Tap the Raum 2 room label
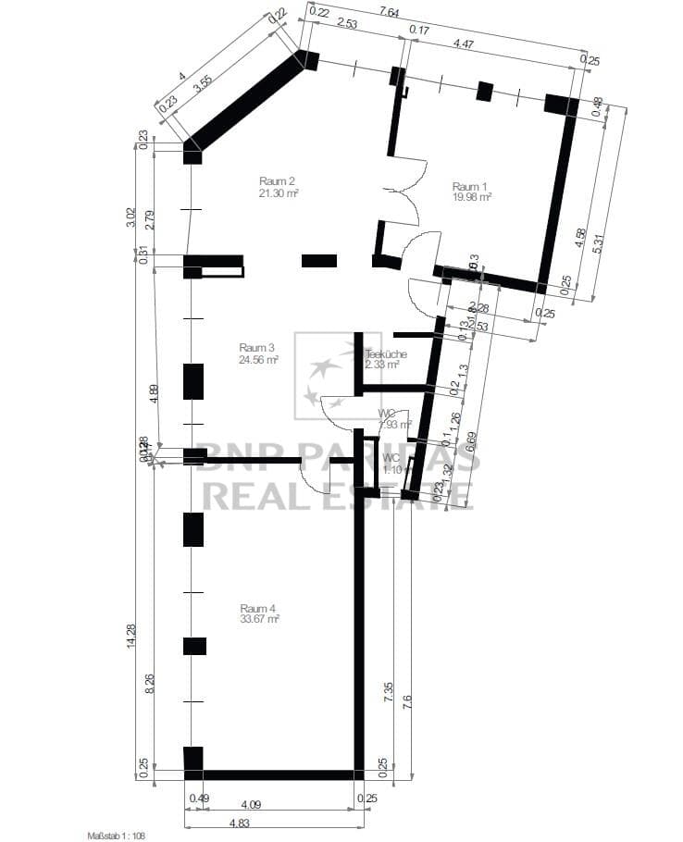[x=278, y=181]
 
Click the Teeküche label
[x=386, y=353]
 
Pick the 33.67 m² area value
[x=259, y=619]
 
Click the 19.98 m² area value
[x=471, y=196]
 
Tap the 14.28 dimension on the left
[x=143, y=637]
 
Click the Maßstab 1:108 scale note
[x=117, y=836]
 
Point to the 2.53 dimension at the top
[x=347, y=23]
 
